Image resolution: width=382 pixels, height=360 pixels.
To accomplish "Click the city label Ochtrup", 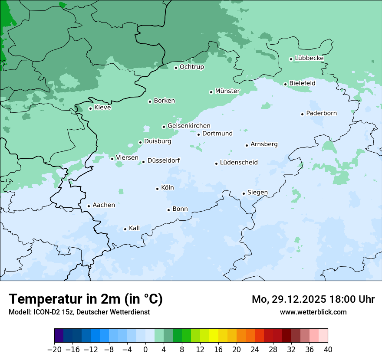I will pyautogui.click(x=191, y=67).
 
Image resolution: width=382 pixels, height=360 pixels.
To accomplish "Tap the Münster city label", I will pyautogui.click(x=227, y=91).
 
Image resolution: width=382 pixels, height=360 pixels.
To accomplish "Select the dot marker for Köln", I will pyautogui.click(x=157, y=189).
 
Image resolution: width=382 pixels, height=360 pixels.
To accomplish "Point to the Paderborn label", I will pyautogui.click(x=321, y=113).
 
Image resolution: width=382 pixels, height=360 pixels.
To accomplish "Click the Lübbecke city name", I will pyautogui.click(x=309, y=58).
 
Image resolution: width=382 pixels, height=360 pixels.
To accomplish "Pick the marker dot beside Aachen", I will pyautogui.click(x=89, y=206).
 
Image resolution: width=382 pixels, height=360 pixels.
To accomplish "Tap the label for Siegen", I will pyautogui.click(x=257, y=193).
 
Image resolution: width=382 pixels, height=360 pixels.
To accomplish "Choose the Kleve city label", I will pyautogui.click(x=102, y=108).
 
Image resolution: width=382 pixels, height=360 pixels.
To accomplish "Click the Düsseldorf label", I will pyautogui.click(x=163, y=161).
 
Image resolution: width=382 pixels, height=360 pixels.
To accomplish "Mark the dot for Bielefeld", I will pyautogui.click(x=285, y=84).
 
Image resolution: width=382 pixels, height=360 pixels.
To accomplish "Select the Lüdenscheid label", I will pyautogui.click(x=239, y=163).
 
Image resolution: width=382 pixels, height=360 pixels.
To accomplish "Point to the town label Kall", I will pyautogui.click(x=134, y=228).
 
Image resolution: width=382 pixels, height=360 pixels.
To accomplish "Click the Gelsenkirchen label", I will pyautogui.click(x=189, y=126).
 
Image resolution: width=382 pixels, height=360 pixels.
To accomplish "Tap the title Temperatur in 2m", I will pyautogui.click(x=86, y=299).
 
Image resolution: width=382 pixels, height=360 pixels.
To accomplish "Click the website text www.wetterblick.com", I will pyautogui.click(x=313, y=312).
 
